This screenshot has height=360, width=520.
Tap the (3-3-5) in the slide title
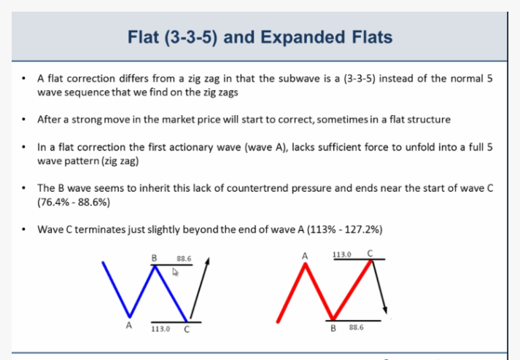[190, 37]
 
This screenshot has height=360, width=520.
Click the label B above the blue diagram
[154, 258]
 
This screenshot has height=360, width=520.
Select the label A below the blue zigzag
[129, 326]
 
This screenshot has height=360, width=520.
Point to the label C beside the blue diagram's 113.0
[187, 329]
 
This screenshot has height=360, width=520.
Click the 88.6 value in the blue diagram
[184, 259]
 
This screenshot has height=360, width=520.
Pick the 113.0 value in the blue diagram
[160, 329]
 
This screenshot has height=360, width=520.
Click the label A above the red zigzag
[305, 257]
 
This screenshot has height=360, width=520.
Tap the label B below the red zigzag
[333, 328]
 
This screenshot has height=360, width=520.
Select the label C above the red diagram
[370, 254]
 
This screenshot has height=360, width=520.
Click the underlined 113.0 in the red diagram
[342, 254]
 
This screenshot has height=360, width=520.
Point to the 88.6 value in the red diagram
[356, 327]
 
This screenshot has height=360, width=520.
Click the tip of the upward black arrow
[209, 257]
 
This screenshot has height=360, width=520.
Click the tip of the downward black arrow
[386, 313]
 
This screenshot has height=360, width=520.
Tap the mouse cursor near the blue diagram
[175, 272]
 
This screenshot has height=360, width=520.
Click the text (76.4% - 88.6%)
[74, 202]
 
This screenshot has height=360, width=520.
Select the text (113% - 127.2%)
[344, 230]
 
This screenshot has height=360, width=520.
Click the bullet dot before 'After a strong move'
[23, 120]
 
